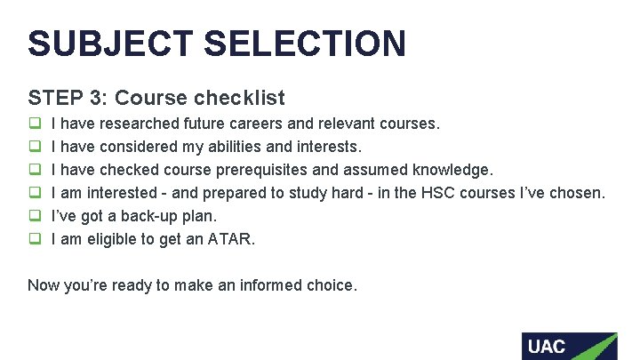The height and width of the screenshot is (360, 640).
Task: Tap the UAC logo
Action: [569, 346]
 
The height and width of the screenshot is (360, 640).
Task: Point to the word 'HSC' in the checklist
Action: [420, 192]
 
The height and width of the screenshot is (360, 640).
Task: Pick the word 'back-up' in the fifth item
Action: [150, 215]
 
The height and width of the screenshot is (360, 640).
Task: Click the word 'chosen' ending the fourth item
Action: [580, 192]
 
